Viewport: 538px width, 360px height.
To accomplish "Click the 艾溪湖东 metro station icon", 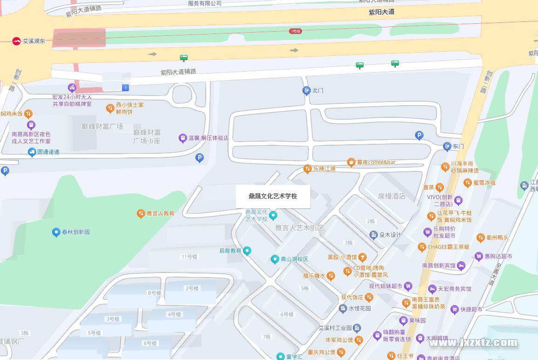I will tap(17, 41).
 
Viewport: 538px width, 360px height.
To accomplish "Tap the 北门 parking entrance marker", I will tap(306, 91).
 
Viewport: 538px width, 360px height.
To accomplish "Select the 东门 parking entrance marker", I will tap(447, 146).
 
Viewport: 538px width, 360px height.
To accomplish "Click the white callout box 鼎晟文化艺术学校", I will tap(273, 196).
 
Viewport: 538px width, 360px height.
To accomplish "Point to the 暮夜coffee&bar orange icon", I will tap(351, 163).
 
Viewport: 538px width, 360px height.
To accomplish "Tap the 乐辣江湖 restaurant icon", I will tap(307, 169).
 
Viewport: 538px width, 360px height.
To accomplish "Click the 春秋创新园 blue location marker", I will tap(56, 232).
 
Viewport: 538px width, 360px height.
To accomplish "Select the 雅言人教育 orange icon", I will tap(141, 214).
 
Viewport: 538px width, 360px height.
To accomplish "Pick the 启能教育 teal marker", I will tap(248, 251).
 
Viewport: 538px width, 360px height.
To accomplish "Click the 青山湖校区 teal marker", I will tap(275, 259).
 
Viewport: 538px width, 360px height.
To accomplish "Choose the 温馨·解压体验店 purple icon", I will tap(183, 138).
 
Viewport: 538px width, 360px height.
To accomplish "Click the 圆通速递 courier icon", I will tap(32, 152).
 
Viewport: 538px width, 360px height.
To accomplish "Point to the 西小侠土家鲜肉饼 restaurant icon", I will tap(110, 109).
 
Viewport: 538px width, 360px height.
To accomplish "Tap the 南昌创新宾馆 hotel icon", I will tap(461, 265).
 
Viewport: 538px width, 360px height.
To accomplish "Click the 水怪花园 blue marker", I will tap(343, 308).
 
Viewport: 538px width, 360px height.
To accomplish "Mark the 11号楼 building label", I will tap(189, 257).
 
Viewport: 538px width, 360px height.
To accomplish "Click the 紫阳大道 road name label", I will tap(381, 12).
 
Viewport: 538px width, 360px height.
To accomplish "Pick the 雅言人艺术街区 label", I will tap(299, 228).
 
